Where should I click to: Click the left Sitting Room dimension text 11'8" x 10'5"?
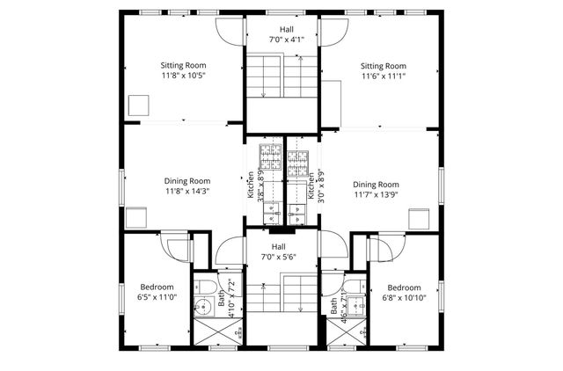183,76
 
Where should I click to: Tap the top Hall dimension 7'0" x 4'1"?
281,40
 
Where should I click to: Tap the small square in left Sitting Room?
139,105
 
